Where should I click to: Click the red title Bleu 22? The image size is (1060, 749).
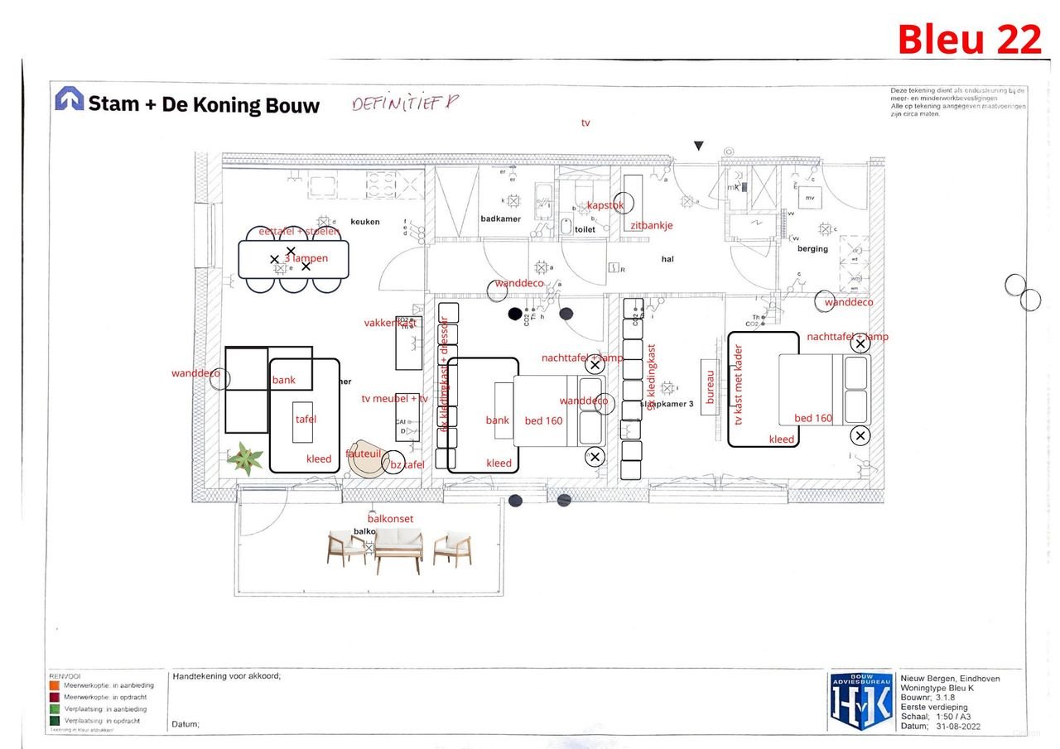(969, 39)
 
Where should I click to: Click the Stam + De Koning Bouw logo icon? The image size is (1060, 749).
(70, 99)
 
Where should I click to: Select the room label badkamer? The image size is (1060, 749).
(500, 218)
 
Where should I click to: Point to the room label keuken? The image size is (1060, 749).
(364, 222)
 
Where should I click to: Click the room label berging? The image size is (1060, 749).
(812, 248)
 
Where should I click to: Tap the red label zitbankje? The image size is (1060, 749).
(652, 225)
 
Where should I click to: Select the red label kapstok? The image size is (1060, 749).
(605, 205)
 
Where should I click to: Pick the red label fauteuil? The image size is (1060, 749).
(363, 454)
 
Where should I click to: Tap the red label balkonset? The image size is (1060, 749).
(390, 518)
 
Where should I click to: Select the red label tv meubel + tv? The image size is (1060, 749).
(395, 398)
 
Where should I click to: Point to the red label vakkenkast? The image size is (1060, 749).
(388, 323)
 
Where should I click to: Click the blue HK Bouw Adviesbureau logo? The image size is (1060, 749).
(861, 701)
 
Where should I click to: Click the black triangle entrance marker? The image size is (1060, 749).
(698, 146)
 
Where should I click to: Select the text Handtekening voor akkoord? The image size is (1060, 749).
(226, 676)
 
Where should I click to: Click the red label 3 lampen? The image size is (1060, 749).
(306, 258)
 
